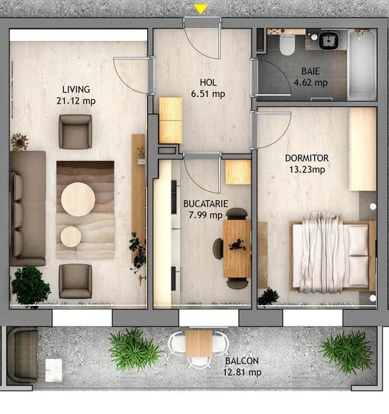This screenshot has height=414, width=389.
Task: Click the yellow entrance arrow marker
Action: (201, 10)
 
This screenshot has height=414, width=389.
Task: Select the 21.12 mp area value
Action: (76, 101)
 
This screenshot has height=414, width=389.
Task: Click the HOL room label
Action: (208, 82)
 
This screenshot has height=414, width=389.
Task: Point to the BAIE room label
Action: (310, 71)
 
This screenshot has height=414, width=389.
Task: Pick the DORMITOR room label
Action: (307, 158)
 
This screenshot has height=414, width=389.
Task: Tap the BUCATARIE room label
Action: (205, 203)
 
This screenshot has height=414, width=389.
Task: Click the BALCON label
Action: (241, 361)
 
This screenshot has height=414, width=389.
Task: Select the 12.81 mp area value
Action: (243, 372)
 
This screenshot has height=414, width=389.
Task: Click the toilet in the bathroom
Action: (288, 44)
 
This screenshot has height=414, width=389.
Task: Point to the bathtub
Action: (361, 65)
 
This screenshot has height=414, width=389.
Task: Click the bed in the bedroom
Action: (329, 250)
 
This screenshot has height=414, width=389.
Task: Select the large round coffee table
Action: (78, 199)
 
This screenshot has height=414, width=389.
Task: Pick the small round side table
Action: (71, 237)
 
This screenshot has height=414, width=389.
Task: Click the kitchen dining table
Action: (237, 249)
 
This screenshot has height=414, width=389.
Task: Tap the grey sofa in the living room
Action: (27, 207)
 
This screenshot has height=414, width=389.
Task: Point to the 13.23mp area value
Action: (307, 169)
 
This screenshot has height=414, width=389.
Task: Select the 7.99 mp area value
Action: (205, 215)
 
